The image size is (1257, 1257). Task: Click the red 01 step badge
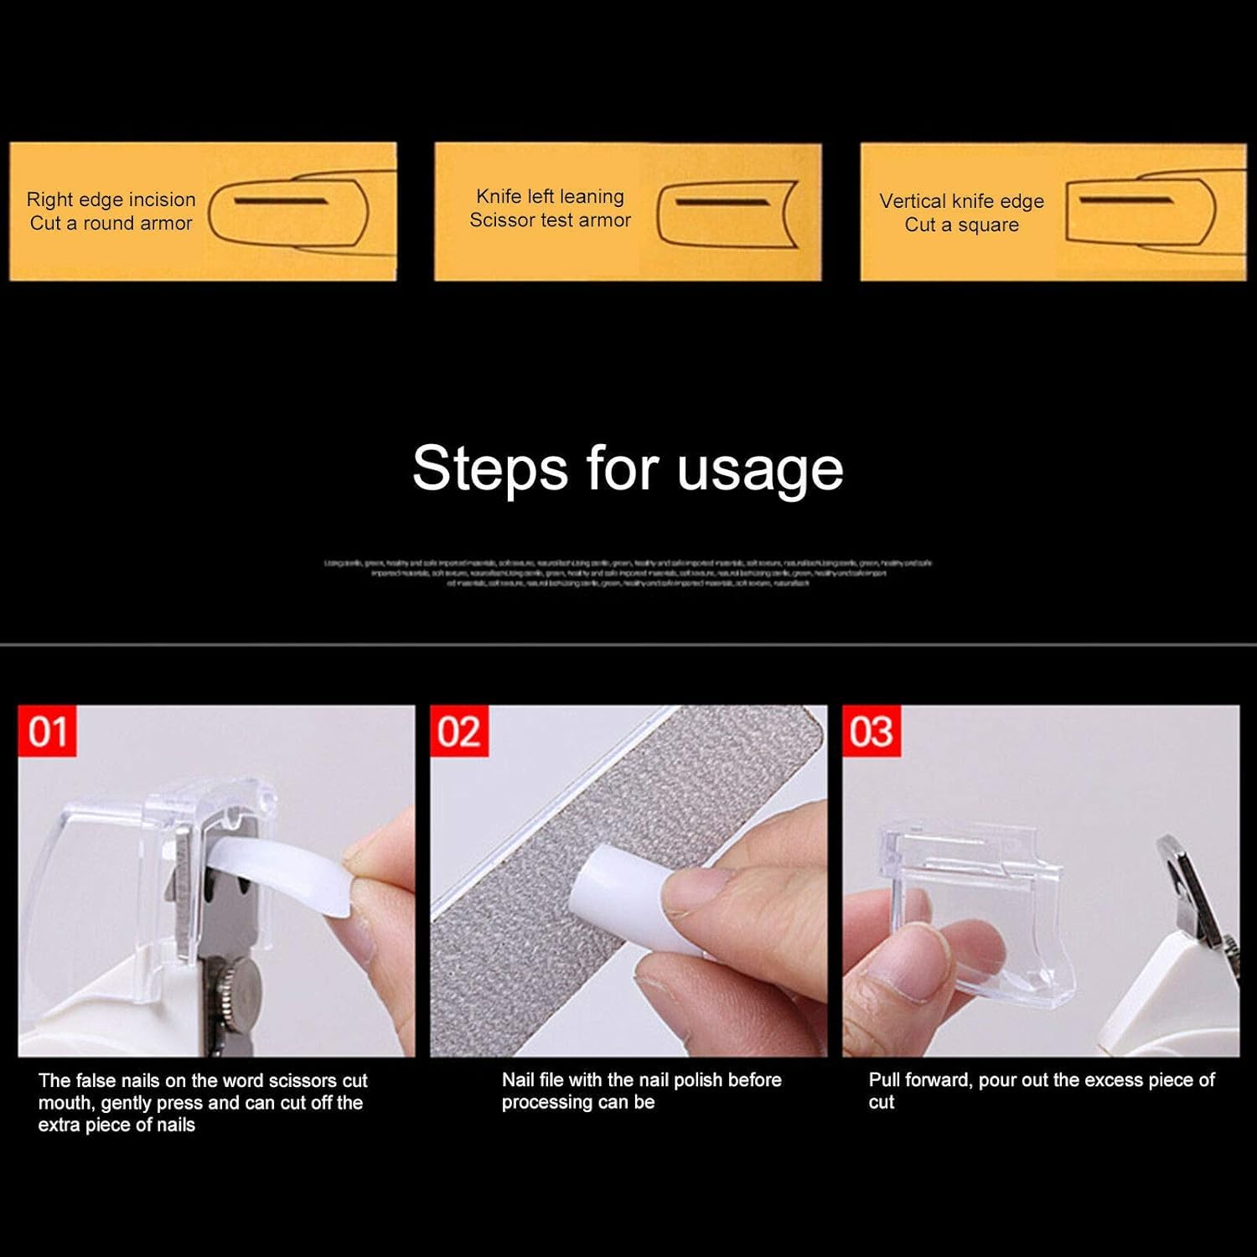[x=47, y=732]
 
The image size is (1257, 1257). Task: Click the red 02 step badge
[x=459, y=732]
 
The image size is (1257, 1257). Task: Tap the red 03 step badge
[x=872, y=732]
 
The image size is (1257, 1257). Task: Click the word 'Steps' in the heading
[x=489, y=469]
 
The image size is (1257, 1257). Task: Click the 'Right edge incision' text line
[x=111, y=199]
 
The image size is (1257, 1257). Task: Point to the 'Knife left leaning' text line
[x=550, y=196]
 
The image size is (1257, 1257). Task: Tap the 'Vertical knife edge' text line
[x=961, y=201]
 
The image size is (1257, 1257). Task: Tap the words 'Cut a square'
[x=961, y=225]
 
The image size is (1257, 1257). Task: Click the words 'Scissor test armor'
[x=550, y=220]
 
